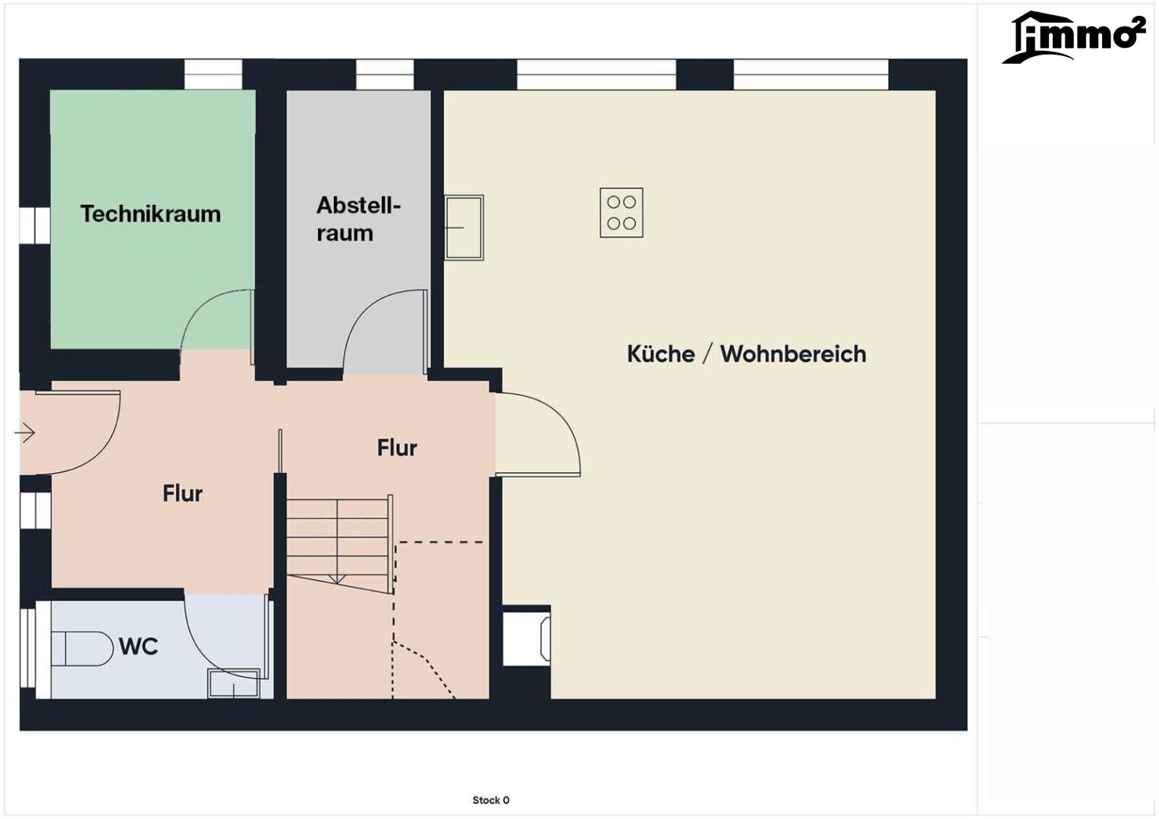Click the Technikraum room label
coord(150,214)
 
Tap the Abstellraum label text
coord(358,219)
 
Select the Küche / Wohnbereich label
coord(746,354)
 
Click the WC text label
coord(139,646)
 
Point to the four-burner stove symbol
coord(622,212)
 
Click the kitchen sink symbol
coord(464,227)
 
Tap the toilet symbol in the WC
coord(82,648)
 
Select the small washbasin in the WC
coord(233,683)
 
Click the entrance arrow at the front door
coord(24,432)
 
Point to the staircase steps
coord(339,542)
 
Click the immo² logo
coord(1074,37)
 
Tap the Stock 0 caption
coord(490,800)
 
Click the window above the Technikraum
coord(213,74)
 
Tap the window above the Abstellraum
coord(385,74)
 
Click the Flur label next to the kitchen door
coord(397,447)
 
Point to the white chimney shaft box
coord(526,639)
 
